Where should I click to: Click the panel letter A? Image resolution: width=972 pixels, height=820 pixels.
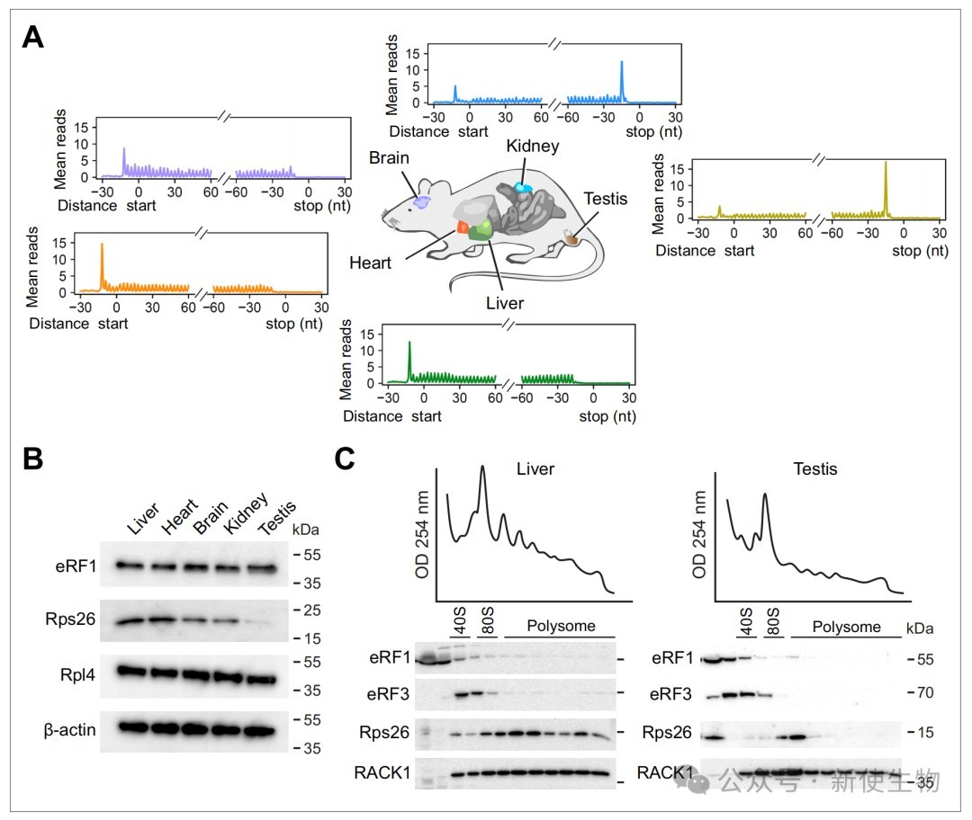[33, 37]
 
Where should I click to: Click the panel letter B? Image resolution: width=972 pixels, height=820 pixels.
[33, 459]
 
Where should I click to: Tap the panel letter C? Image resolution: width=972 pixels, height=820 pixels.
[345, 459]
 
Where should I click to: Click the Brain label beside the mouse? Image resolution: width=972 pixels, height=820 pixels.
[389, 158]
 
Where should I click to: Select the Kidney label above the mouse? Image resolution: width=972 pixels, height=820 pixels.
[533, 147]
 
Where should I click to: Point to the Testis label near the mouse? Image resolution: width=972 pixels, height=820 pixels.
[605, 199]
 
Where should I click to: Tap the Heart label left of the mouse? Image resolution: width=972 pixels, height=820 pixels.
[370, 263]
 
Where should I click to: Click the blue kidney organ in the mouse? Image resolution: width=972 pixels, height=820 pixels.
[523, 187]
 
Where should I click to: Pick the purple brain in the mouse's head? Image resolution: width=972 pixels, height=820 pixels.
[422, 202]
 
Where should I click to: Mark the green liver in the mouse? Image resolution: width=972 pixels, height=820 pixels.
[481, 230]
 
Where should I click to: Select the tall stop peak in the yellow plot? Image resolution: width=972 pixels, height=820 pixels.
[886, 189]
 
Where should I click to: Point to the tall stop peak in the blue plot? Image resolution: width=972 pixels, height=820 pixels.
[622, 81]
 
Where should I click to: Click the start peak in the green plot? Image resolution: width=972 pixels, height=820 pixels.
[409, 361]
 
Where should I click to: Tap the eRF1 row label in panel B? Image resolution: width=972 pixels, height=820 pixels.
[76, 566]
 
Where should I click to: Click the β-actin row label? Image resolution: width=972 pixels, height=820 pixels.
[69, 730]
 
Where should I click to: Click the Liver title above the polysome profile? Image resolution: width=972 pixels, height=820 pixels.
[535, 468]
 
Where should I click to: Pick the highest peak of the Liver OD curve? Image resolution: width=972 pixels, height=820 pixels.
[482, 467]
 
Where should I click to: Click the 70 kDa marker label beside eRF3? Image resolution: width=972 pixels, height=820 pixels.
[924, 692]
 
